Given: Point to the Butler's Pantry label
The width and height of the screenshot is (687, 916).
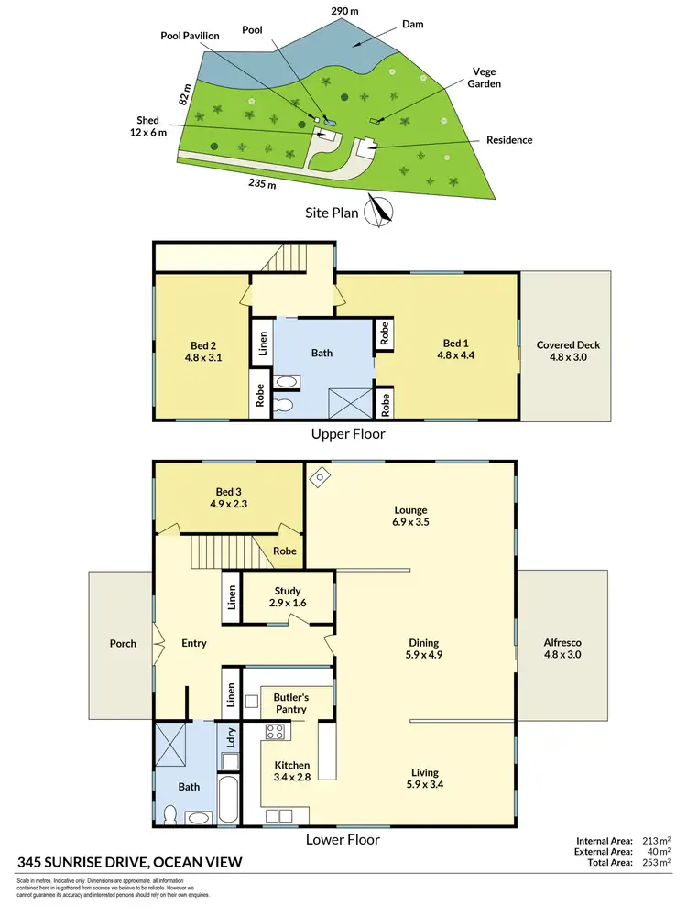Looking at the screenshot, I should pos(285,703).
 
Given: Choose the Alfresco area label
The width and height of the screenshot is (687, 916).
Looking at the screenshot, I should pos(562,649).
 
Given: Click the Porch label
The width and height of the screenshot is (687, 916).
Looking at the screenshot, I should pos(123,643).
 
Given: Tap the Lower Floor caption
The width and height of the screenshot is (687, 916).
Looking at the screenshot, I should pos(343,838).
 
